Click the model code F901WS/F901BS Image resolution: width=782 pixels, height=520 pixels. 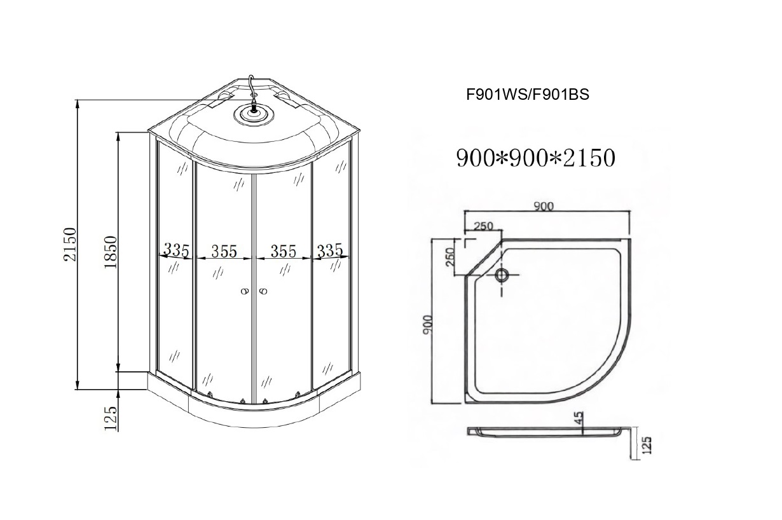[528, 95]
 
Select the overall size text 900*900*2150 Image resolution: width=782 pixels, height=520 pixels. [535, 158]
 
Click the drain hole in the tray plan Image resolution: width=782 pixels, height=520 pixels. [502, 275]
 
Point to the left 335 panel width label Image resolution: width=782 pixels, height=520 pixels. [176, 250]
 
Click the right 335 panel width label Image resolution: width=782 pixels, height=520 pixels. [329, 250]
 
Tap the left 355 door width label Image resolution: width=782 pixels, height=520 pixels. [224, 252]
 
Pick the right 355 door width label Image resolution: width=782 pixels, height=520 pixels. [283, 252]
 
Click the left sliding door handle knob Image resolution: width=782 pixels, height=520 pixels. [244, 292]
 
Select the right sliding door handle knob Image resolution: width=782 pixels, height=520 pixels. [264, 292]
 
